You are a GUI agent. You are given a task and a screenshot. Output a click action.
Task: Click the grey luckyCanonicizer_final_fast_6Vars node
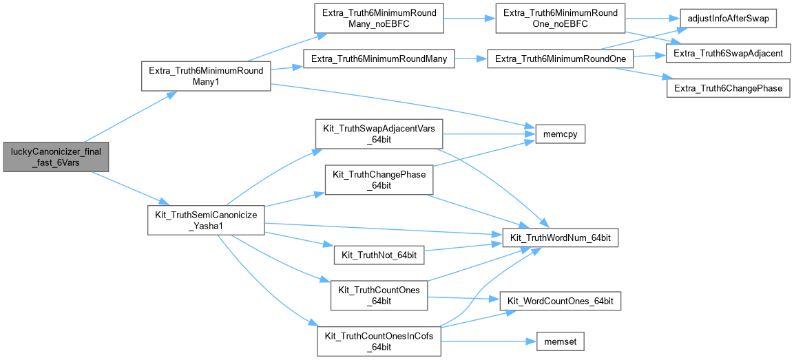(56, 157)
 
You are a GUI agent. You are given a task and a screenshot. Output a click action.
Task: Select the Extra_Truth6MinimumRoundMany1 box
(205, 76)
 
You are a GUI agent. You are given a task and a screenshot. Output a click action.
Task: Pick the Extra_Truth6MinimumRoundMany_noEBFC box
(378, 19)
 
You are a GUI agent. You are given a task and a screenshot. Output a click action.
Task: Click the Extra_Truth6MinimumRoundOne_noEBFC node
(560, 19)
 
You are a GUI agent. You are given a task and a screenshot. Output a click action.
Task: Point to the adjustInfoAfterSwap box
(728, 19)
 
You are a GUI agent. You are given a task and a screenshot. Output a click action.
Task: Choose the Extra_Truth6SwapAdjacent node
(728, 53)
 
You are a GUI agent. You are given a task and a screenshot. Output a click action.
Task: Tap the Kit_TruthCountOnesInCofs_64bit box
(378, 341)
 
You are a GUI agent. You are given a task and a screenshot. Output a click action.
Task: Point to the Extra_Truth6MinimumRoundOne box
(560, 59)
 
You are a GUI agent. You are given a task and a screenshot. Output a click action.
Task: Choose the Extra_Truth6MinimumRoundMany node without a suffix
(379, 59)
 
